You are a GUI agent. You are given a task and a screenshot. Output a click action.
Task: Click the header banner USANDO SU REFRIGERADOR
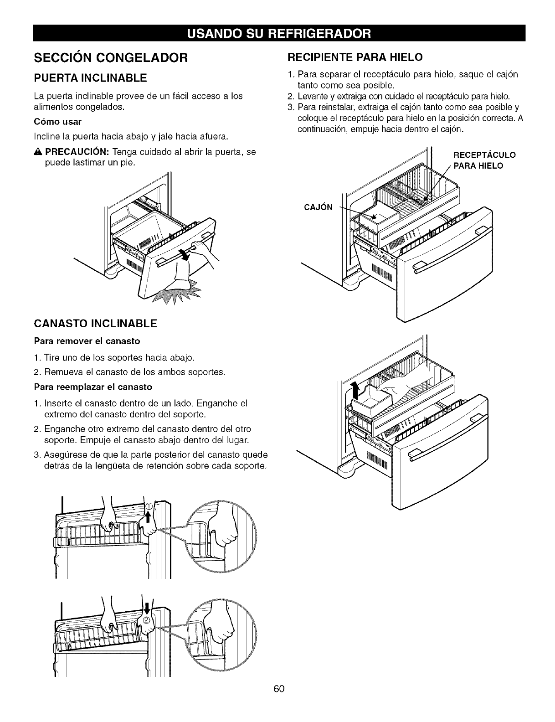coord(279,33)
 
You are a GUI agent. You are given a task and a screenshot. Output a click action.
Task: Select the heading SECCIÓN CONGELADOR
coord(111,58)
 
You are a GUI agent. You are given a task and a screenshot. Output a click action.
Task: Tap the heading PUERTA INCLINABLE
coord(90,78)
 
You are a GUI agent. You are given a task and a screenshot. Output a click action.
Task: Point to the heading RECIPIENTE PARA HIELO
coord(355,57)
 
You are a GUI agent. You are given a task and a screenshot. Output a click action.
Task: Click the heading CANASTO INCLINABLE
coord(96,323)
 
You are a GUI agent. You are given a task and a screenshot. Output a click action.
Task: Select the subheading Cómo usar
coord(58,122)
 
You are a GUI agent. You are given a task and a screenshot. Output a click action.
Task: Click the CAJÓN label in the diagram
coord(318,207)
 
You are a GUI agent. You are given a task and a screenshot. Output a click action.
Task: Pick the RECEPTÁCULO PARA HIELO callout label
coord(484,160)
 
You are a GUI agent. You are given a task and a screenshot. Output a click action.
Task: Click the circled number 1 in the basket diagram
coord(149,506)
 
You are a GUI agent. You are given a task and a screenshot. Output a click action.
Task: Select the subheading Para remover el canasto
coord(87,341)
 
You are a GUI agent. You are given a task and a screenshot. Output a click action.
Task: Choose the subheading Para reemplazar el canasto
coord(93,387)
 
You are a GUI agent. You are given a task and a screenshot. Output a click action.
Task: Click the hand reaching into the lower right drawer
coord(405,384)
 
